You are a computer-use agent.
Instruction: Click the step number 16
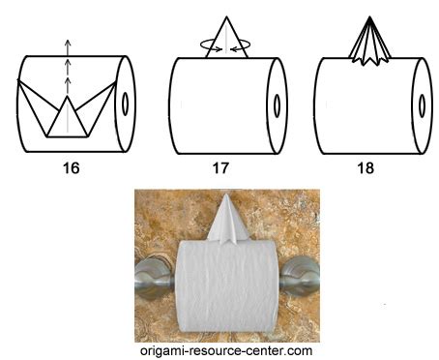(71, 168)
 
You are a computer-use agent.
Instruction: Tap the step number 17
(220, 168)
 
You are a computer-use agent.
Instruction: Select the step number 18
(366, 168)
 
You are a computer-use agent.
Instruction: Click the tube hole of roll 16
(126, 104)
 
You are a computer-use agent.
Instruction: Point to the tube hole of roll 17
(277, 105)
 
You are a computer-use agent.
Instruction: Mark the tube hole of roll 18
(422, 105)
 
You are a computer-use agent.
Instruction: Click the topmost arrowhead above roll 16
(67, 43)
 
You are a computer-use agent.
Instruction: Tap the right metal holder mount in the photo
(299, 277)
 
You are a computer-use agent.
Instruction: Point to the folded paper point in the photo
(228, 220)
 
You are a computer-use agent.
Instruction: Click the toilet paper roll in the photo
(227, 286)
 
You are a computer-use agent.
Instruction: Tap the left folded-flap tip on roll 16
(18, 80)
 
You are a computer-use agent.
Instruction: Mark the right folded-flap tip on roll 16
(115, 82)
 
